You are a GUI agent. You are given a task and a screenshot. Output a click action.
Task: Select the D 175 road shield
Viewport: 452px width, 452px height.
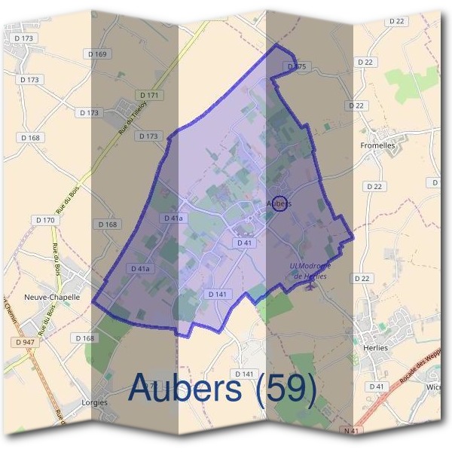pyautogui.click(x=298, y=67)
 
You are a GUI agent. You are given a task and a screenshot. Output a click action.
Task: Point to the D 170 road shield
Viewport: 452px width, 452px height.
pyautogui.click(x=45, y=220)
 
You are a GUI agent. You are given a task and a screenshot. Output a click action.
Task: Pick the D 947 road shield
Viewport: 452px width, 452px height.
pyautogui.click(x=25, y=341)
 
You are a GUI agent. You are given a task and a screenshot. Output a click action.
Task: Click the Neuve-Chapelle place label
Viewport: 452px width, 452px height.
pyautogui.click(x=52, y=297)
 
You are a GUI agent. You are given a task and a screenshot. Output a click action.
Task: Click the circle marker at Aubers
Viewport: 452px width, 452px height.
pyautogui.click(x=278, y=203)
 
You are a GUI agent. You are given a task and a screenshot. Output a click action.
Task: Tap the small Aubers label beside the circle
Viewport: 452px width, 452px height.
pyautogui.click(x=278, y=203)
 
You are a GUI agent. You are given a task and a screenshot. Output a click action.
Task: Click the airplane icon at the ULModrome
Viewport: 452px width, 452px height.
pyautogui.click(x=307, y=287)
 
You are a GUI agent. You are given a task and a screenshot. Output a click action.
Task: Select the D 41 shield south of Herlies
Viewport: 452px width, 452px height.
pyautogui.click(x=377, y=386)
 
